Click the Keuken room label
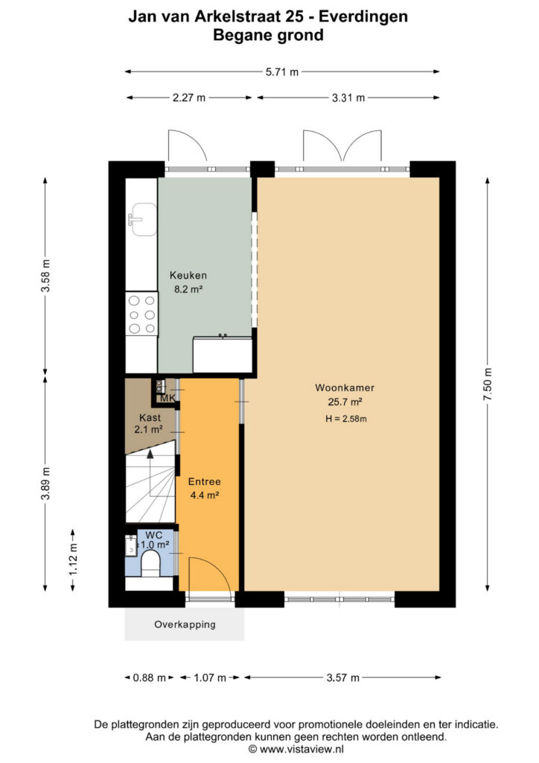point(188,276)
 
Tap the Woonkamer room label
point(345,387)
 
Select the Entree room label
point(204,482)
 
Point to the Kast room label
point(150,417)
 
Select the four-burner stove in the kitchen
point(142,314)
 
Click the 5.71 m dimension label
point(282,72)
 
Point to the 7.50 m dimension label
point(488,384)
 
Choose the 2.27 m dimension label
point(189,98)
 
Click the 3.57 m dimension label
point(342,677)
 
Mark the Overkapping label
point(185,624)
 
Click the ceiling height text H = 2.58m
point(346,419)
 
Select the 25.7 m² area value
point(345,402)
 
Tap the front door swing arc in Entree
point(214,569)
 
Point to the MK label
point(168,399)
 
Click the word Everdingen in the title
point(363,17)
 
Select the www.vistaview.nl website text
point(302,750)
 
